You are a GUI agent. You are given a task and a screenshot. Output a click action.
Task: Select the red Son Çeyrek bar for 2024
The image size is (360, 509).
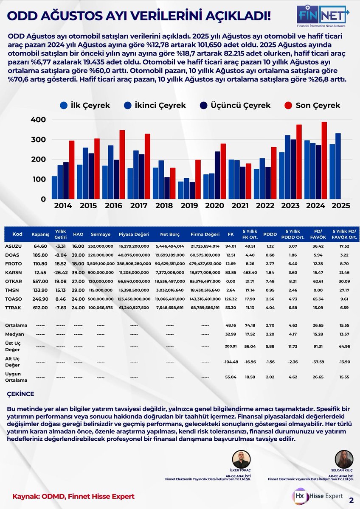(x=325, y=160)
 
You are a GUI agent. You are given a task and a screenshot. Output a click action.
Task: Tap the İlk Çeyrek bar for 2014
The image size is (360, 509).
(x=54, y=187)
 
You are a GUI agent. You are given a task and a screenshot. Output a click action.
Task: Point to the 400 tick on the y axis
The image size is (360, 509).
(x=38, y=120)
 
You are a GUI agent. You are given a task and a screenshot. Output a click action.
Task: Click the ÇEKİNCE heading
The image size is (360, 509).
(x=21, y=394)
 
